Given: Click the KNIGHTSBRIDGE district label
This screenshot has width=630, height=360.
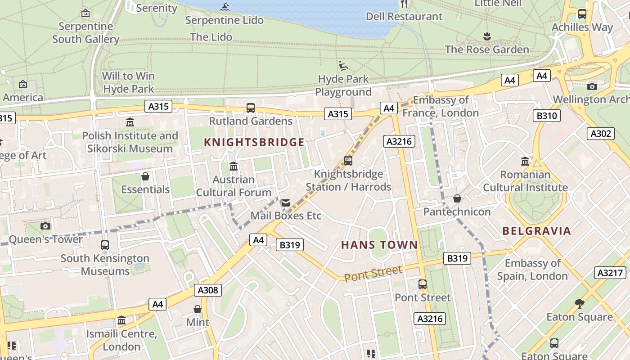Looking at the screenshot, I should tap(254, 143).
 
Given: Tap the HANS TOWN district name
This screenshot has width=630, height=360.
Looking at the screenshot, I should tap(379, 245).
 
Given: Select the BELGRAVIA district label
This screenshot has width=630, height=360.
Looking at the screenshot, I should tap(536, 231).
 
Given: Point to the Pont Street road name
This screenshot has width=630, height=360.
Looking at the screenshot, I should tap(373, 273).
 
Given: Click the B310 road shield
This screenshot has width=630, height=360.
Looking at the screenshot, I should tap(547, 116).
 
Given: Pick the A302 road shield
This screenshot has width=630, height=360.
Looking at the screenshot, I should tap(600, 133).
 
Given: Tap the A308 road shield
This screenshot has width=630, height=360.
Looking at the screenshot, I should tap(208, 290).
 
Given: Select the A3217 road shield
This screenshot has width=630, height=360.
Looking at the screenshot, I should tap(610, 273).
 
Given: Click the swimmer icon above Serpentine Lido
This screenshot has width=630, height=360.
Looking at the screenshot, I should tap(225, 7).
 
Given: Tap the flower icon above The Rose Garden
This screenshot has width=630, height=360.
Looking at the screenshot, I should tap(486, 36).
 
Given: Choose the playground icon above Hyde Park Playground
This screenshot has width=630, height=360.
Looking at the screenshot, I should tap(343, 66).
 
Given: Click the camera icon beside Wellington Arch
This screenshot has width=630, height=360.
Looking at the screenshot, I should tap(592, 86).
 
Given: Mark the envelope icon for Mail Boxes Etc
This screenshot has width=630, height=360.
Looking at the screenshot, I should tap(286, 203).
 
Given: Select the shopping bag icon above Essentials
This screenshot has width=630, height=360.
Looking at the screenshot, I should tap(145, 176).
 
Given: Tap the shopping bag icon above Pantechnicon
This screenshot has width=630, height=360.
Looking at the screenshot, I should tap(457, 198).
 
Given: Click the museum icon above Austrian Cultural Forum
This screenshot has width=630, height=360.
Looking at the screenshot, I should tap(234, 166).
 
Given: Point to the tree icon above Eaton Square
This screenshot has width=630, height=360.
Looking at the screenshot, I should tap(580, 304).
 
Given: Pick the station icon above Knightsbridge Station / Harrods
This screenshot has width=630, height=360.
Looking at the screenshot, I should tap(348, 160).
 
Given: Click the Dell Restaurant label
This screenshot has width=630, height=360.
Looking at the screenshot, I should tap(404, 17).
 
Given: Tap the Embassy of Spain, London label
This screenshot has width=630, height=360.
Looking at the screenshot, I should tap(533, 270).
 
